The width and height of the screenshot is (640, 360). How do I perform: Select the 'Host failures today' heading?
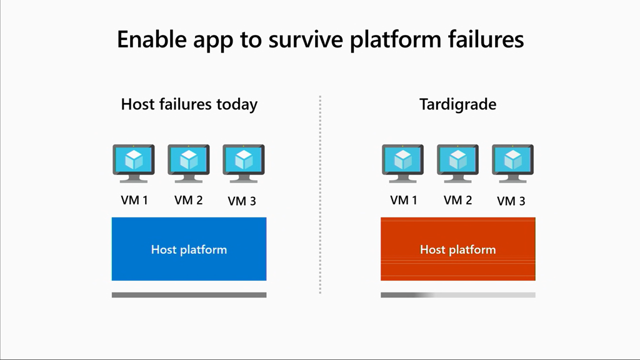point(189,104)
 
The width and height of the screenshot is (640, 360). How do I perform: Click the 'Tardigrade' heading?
point(457,104)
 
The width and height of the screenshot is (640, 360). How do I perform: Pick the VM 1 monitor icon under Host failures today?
point(134,162)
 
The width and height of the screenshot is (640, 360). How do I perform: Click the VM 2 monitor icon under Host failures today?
point(189,162)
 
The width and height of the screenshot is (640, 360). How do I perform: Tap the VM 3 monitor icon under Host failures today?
point(243,162)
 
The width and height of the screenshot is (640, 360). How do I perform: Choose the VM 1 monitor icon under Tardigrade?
point(403,162)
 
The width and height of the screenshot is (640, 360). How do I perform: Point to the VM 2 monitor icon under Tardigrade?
point(457,162)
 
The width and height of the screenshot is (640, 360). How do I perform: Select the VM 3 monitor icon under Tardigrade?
point(512,162)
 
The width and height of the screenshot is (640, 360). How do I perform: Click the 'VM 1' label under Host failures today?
point(134,201)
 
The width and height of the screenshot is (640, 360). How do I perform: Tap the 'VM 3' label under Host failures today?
point(242,201)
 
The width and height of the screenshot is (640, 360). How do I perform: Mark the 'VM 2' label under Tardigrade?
point(457,200)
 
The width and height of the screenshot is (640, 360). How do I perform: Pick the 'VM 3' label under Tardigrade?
point(511,201)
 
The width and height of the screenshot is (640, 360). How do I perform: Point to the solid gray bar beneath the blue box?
point(189,295)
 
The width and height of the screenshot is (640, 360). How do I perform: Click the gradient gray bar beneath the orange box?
point(457,295)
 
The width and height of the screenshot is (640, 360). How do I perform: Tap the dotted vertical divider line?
point(320,194)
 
